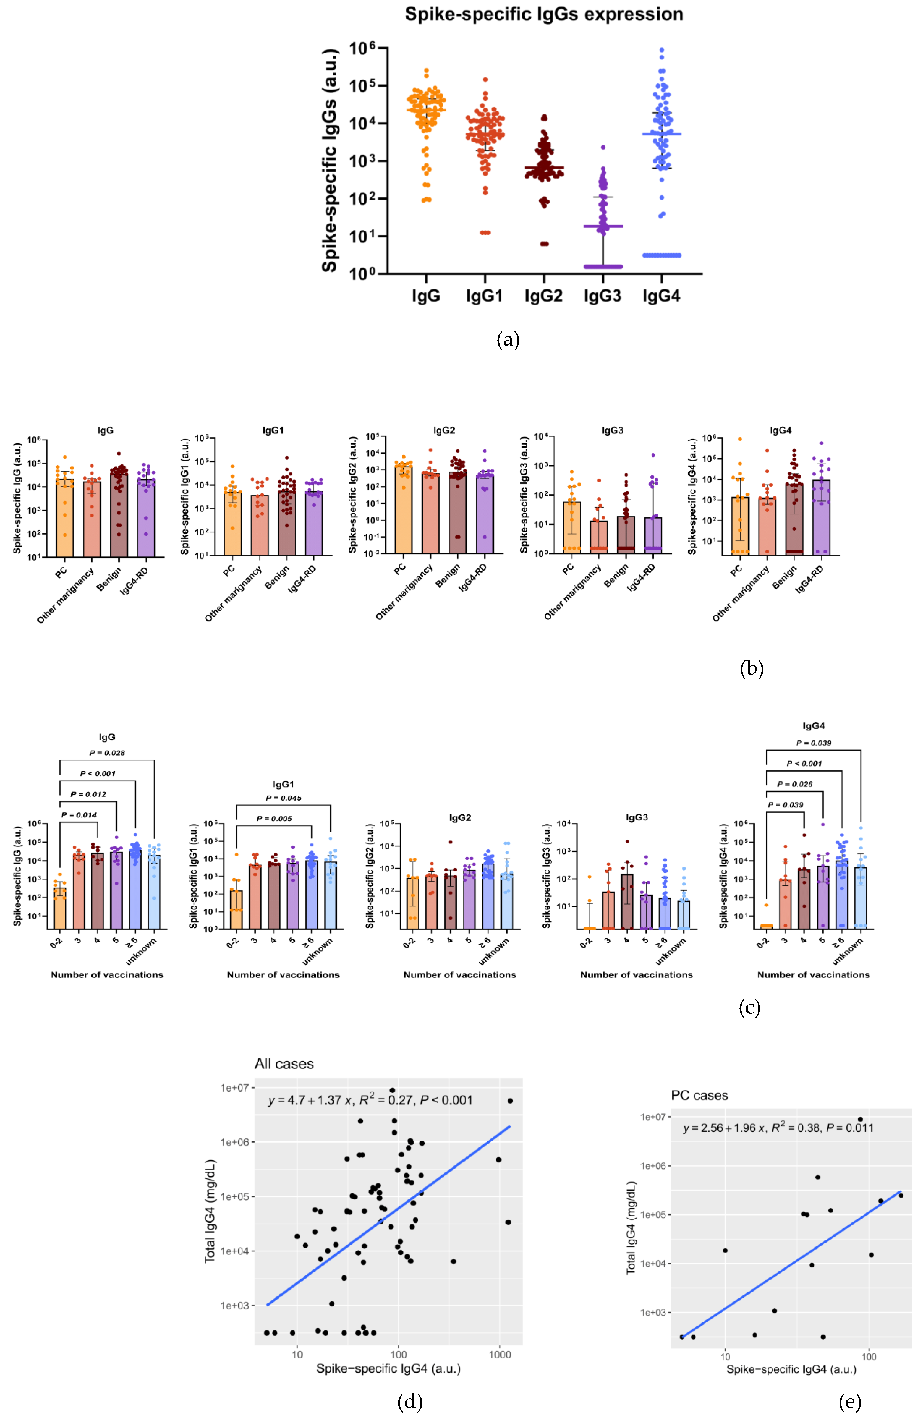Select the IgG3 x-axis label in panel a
pos(602,296)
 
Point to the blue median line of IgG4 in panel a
pos(661,134)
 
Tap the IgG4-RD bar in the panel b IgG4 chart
pos(821,517)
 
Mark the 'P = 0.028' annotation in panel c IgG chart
pos(107,753)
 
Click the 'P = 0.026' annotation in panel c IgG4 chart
pos(794,784)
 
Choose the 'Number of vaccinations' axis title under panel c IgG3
pos(636,974)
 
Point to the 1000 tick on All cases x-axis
pos(500,1355)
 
